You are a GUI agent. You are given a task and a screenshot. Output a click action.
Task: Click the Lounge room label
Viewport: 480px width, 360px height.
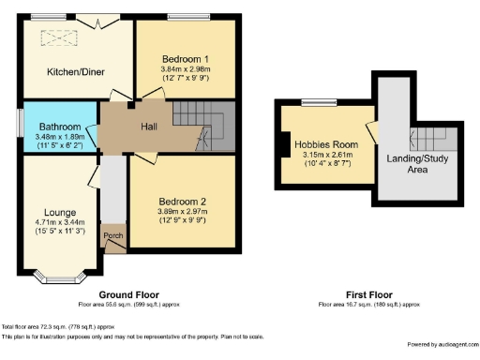[x=60, y=212]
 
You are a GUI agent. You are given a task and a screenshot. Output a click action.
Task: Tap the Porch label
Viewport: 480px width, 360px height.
[x=113, y=235]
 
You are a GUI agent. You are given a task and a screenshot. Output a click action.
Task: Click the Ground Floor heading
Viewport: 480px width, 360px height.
[x=127, y=295]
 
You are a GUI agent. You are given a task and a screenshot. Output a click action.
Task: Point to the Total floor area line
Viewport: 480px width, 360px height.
[x=58, y=325]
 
